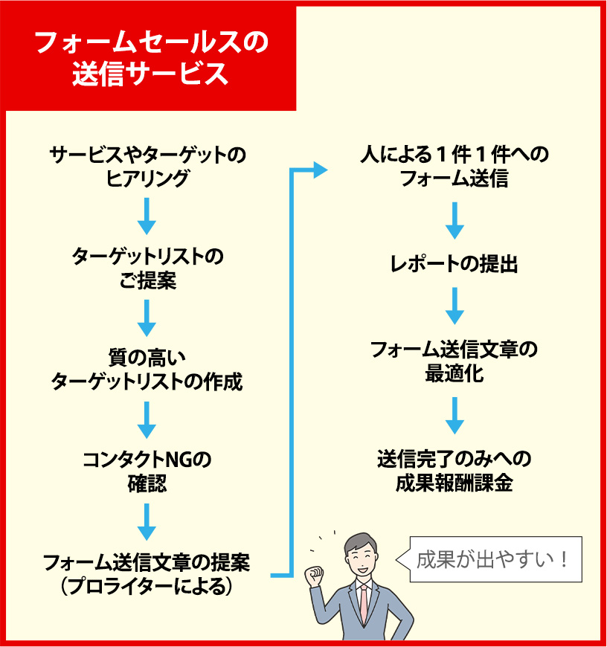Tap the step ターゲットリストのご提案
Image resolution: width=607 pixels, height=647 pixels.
click(147, 268)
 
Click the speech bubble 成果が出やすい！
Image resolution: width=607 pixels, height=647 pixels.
click(494, 559)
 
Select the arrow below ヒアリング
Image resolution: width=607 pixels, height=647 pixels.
click(147, 216)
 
